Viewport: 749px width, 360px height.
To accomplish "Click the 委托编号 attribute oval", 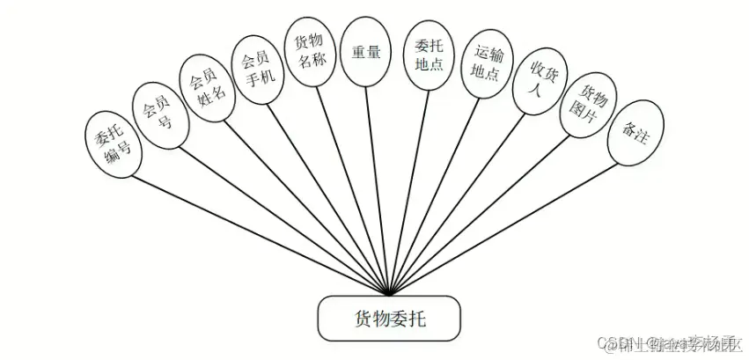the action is (x=112, y=141).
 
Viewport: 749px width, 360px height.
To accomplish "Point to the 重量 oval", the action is (x=365, y=53).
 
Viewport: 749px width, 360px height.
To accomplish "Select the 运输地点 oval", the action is (x=485, y=63).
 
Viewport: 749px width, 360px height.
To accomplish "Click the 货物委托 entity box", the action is (x=388, y=318).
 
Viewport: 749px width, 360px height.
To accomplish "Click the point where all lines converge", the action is (x=388, y=294).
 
